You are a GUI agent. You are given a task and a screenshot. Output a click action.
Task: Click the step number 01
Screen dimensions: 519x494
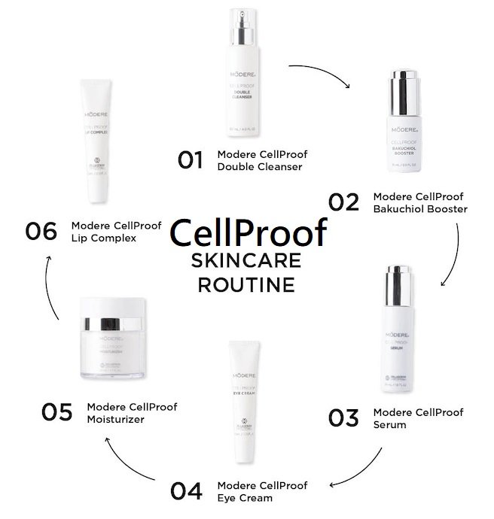point(191,159)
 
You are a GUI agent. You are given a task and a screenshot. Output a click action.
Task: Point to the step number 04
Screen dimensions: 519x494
point(187,490)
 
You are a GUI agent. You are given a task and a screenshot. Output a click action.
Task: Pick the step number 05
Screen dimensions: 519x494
point(57,413)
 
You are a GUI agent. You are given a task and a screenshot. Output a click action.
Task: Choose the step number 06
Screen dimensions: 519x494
point(41,230)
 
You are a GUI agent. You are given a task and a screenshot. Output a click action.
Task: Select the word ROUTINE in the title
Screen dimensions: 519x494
point(245,286)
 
